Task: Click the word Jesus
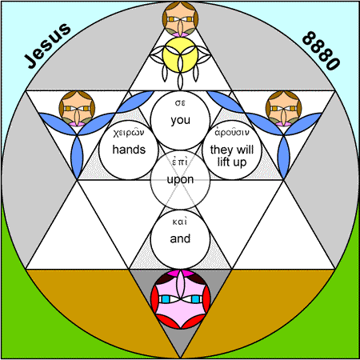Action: coord(48,46)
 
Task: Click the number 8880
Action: coord(321,50)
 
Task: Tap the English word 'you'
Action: coord(181,120)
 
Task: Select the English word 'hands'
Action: coord(129,150)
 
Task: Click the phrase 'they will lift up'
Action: coord(232,156)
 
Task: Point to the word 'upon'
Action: coord(180,179)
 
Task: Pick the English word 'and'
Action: coord(180,238)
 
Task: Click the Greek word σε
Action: coord(180,103)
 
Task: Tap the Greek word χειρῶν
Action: coord(129,133)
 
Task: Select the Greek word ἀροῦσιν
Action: coord(232,132)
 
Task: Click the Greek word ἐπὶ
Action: coord(180,162)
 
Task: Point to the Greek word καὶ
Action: coord(180,222)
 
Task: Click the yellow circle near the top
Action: coord(180,54)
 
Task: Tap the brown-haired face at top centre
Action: coord(180,19)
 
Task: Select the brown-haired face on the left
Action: coord(77,109)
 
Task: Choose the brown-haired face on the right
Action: coord(283,109)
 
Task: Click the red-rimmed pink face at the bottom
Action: coord(180,298)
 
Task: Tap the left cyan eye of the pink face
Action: coord(166,299)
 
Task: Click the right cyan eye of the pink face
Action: coord(195,299)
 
